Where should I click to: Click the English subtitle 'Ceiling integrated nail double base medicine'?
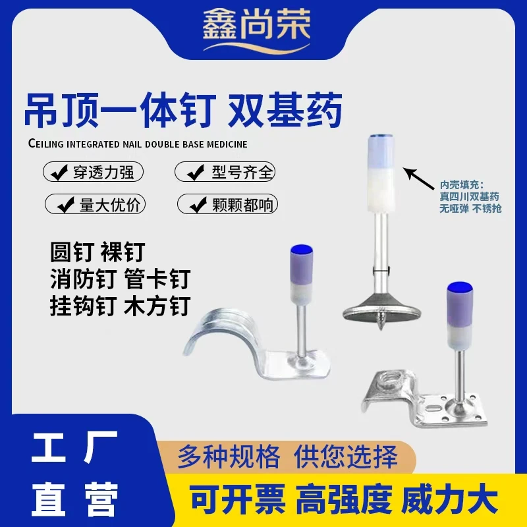point(138,142)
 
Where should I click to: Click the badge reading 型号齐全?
point(225,173)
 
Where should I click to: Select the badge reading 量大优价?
point(95,204)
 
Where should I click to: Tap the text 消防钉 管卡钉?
point(119,280)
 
